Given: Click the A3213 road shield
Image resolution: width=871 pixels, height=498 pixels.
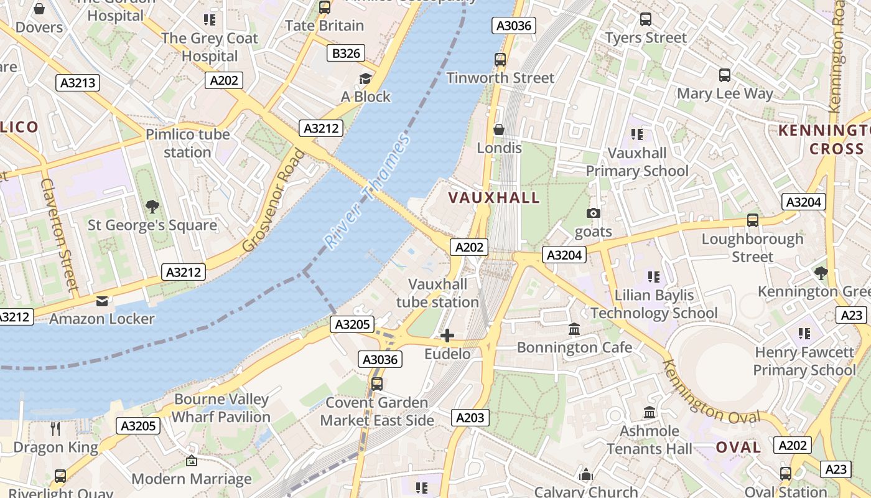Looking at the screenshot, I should point(78,83).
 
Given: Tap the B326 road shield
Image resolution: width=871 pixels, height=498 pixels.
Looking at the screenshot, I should point(346,54).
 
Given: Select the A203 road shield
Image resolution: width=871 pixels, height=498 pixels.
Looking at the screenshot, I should point(470,418).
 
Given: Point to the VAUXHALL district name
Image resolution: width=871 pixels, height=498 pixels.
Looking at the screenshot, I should point(494,198).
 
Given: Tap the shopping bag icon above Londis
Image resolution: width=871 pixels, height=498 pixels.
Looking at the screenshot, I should point(498,129).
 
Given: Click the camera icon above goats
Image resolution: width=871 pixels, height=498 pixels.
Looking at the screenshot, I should point(594,214).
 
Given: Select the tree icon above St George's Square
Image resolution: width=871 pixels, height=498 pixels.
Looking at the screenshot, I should point(152,206).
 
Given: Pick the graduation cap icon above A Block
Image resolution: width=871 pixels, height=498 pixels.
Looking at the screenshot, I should point(365,78).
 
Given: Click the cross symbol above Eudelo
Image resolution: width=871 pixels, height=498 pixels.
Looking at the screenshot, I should point(447,336).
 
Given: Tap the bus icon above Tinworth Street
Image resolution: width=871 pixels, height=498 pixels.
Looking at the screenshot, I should point(500,60).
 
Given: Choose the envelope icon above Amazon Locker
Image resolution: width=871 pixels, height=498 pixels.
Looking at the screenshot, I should point(102,301).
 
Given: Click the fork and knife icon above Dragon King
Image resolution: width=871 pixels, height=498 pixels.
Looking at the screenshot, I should point(55,428).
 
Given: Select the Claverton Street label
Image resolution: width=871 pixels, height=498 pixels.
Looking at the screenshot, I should point(60,235).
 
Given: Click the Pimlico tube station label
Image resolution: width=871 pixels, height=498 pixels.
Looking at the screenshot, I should point(187,143).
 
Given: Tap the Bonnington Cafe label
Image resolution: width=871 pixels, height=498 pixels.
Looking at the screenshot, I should point(574,347).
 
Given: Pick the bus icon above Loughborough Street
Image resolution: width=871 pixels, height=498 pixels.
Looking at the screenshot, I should point(753,220).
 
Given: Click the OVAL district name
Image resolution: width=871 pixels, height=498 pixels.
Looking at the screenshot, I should point(738,447).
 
